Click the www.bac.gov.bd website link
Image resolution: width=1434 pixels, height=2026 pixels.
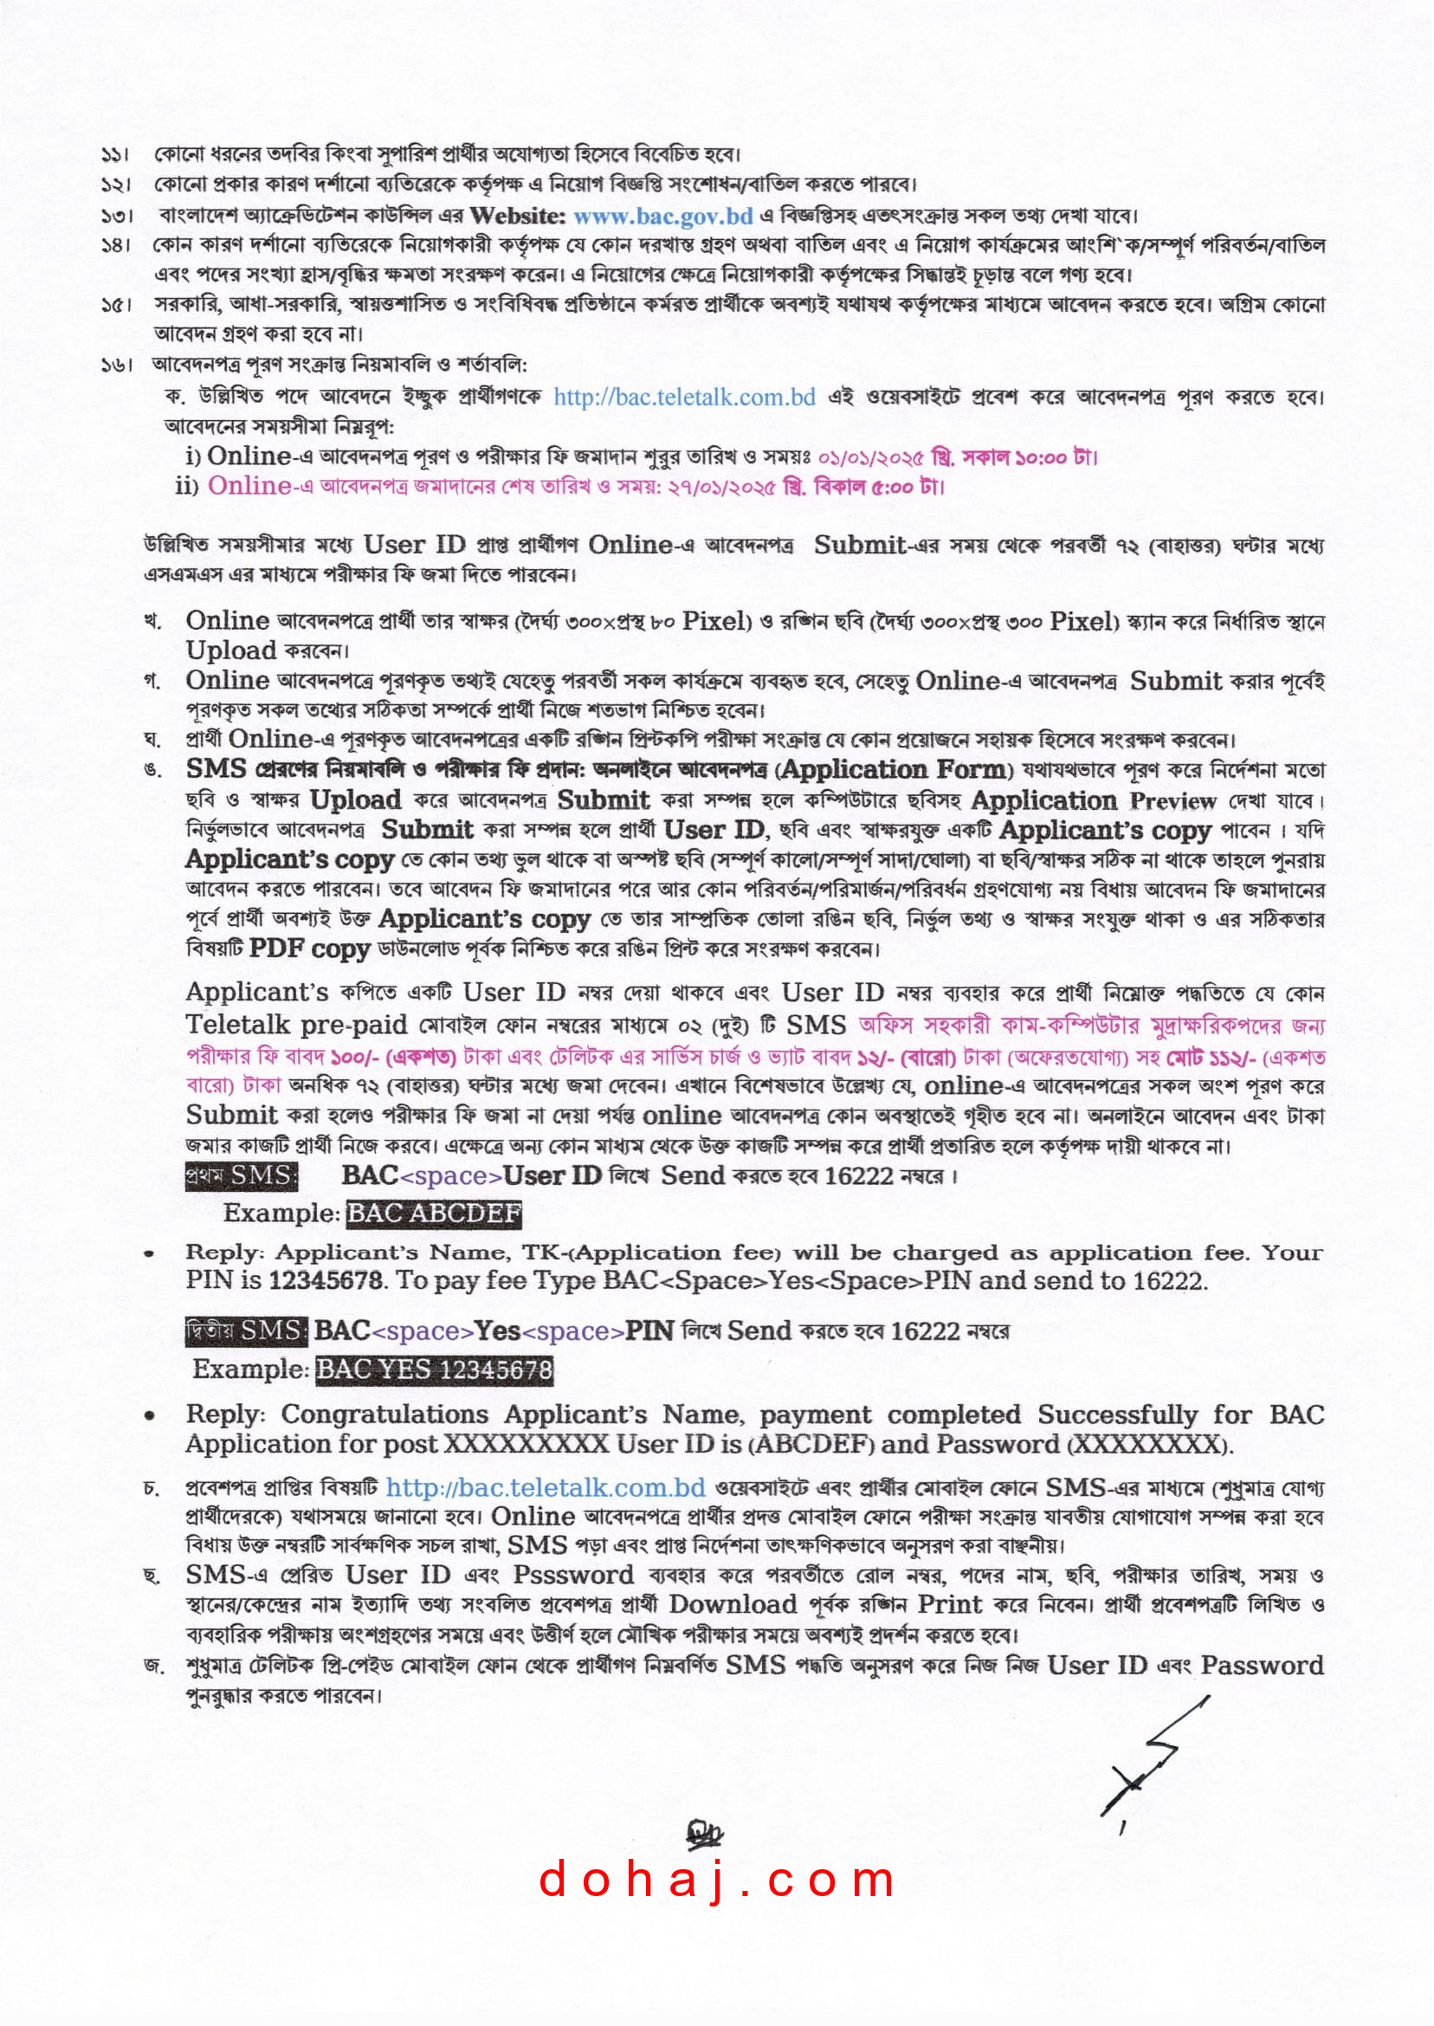coord(662,216)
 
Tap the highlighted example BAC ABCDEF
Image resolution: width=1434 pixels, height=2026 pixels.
coord(434,1214)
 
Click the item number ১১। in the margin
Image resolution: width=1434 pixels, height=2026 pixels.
coord(116,155)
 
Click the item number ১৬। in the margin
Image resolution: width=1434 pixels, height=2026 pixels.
coord(116,365)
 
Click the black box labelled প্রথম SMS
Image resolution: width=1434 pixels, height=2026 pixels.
coord(241,1175)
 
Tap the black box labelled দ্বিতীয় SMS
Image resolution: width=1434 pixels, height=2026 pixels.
coord(246,1330)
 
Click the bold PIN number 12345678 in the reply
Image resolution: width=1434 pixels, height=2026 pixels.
coord(325,1280)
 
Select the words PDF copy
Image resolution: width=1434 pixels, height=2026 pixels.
coord(309,949)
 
